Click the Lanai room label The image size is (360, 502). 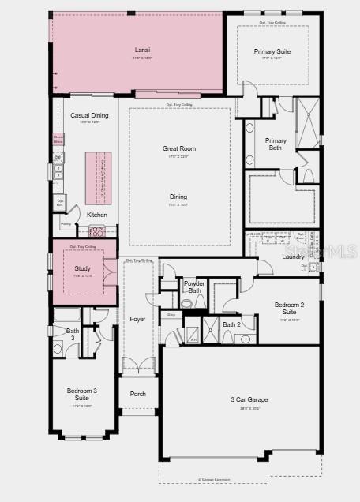coord(141,51)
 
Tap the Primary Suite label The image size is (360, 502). coord(272,52)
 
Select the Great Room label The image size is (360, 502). coord(179,148)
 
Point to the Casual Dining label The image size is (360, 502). coord(89,115)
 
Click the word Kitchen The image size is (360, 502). coord(97,215)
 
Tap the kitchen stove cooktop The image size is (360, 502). coord(97,231)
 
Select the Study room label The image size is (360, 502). coord(82,268)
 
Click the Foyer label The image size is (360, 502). coord(137,319)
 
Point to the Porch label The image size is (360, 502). coord(137,394)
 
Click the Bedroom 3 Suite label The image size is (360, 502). coord(82,395)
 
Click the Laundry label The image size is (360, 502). coord(293,256)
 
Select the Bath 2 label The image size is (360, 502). coord(231,324)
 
